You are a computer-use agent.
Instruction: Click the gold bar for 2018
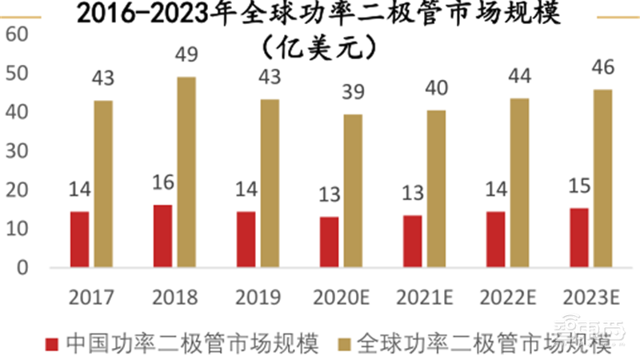[186, 172]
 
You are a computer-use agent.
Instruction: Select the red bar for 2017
[79, 239]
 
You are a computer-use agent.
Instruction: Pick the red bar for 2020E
[329, 242]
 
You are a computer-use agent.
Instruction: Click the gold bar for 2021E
[436, 188]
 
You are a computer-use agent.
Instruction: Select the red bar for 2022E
[495, 239]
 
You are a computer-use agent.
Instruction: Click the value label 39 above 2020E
[353, 94]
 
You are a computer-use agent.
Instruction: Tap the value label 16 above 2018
[162, 182]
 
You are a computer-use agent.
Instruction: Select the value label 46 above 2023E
[602, 67]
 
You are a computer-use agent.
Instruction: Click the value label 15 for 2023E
[578, 186]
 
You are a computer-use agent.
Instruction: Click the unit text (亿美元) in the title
[319, 46]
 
